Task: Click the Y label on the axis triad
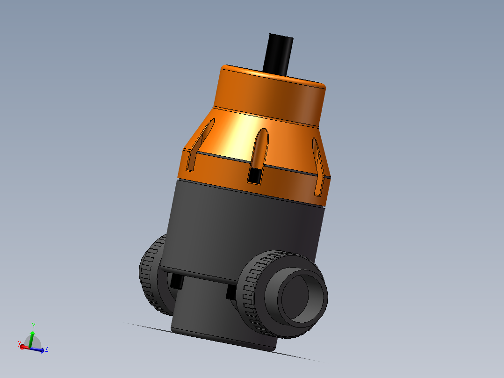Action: (x=34, y=325)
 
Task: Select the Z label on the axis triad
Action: (x=47, y=349)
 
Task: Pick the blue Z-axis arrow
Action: (x=39, y=349)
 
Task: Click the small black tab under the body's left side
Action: (x=177, y=281)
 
